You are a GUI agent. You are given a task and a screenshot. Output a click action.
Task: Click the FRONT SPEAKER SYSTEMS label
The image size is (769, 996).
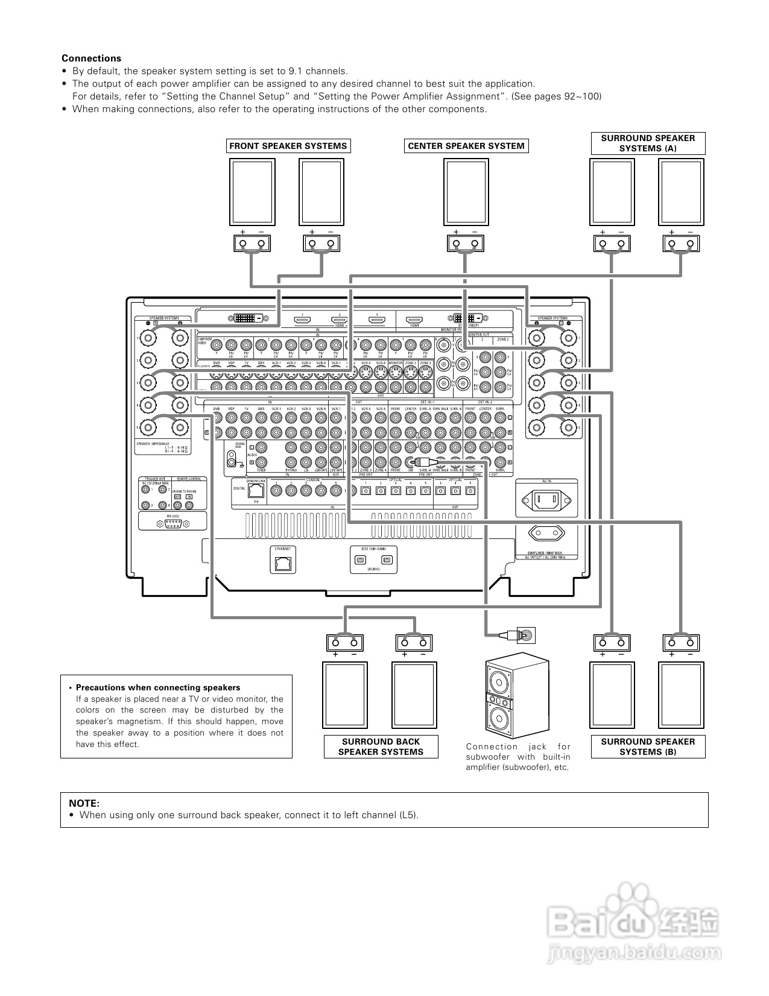pos(288,146)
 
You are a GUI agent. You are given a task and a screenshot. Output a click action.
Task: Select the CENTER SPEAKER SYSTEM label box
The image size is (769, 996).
pos(466,146)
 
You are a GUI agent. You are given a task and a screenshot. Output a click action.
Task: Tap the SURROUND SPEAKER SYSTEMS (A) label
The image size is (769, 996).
pos(648,143)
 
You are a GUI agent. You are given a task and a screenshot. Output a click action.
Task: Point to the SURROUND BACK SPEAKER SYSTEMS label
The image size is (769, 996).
pos(381,747)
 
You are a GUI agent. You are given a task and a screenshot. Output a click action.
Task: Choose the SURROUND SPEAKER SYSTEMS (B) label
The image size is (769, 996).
pos(648,747)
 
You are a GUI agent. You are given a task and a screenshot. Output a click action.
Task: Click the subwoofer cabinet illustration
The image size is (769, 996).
pos(517,697)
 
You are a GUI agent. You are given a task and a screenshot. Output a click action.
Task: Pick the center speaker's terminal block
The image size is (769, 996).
pos(465,244)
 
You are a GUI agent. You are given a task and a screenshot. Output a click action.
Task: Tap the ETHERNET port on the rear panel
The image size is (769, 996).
pos(282,563)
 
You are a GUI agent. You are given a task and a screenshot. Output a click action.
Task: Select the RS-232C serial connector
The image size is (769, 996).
pos(172,525)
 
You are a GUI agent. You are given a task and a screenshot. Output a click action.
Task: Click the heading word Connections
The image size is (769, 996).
pos(91,58)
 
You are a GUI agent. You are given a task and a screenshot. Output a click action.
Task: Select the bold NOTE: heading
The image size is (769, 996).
pos(84,803)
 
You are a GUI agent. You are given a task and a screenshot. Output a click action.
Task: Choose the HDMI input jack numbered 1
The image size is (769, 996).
pos(302,320)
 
